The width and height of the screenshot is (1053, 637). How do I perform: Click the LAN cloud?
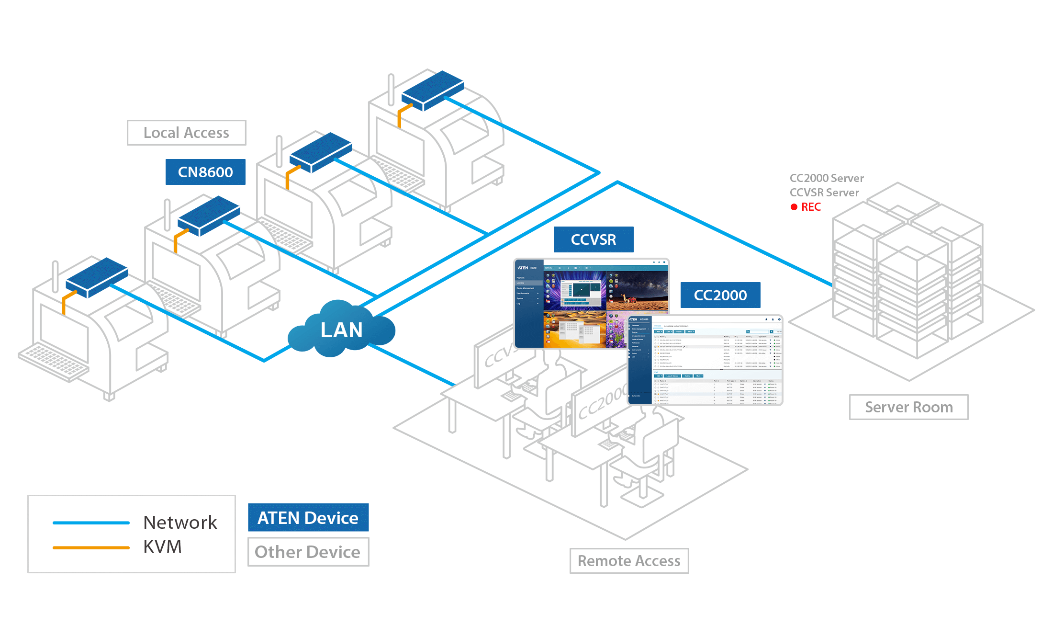pyautogui.click(x=341, y=330)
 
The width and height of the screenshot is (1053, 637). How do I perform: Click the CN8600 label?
pyautogui.click(x=205, y=172)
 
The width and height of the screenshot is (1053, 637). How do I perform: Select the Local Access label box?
pyautogui.click(x=186, y=133)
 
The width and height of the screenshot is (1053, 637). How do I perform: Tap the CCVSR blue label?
pyautogui.click(x=593, y=239)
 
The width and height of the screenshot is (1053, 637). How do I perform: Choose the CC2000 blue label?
pyautogui.click(x=720, y=295)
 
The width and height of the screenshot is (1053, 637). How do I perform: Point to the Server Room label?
pyautogui.click(x=908, y=407)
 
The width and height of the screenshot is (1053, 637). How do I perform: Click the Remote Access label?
pyautogui.click(x=629, y=561)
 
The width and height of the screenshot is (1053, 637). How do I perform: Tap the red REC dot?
pyautogui.click(x=794, y=207)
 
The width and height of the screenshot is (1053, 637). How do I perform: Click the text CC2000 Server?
pyautogui.click(x=827, y=178)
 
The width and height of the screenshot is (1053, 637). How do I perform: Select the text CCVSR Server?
pyautogui.click(x=824, y=193)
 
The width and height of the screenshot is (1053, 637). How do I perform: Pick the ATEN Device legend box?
pyautogui.click(x=308, y=518)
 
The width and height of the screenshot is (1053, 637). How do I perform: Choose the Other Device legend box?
pyautogui.click(x=308, y=552)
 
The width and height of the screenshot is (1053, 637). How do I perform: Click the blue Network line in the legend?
pyautogui.click(x=91, y=523)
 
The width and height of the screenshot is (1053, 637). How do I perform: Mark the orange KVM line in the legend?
pyautogui.click(x=91, y=547)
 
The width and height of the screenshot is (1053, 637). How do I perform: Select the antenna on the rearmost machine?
pyautogui.click(x=391, y=89)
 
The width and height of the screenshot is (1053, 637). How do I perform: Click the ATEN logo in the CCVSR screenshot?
pyautogui.click(x=523, y=268)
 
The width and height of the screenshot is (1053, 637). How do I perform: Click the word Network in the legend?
pyautogui.click(x=180, y=523)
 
